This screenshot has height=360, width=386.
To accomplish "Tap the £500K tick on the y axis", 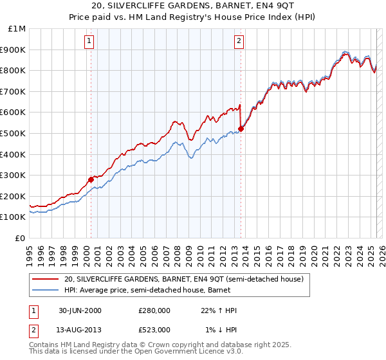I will (x=14, y=133).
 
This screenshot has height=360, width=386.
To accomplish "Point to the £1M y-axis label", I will (x=17, y=29).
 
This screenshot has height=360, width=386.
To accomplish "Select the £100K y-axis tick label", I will (x=14, y=217).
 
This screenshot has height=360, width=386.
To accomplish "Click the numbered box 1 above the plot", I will (x=88, y=41).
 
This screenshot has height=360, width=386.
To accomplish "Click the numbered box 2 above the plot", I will (x=239, y=41).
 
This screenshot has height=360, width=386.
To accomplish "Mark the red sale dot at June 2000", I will (x=91, y=179).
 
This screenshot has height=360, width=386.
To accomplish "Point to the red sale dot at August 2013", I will (x=241, y=129).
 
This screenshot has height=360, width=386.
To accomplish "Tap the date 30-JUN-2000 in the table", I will (x=80, y=310).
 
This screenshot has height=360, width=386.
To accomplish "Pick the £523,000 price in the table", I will (x=154, y=330).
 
